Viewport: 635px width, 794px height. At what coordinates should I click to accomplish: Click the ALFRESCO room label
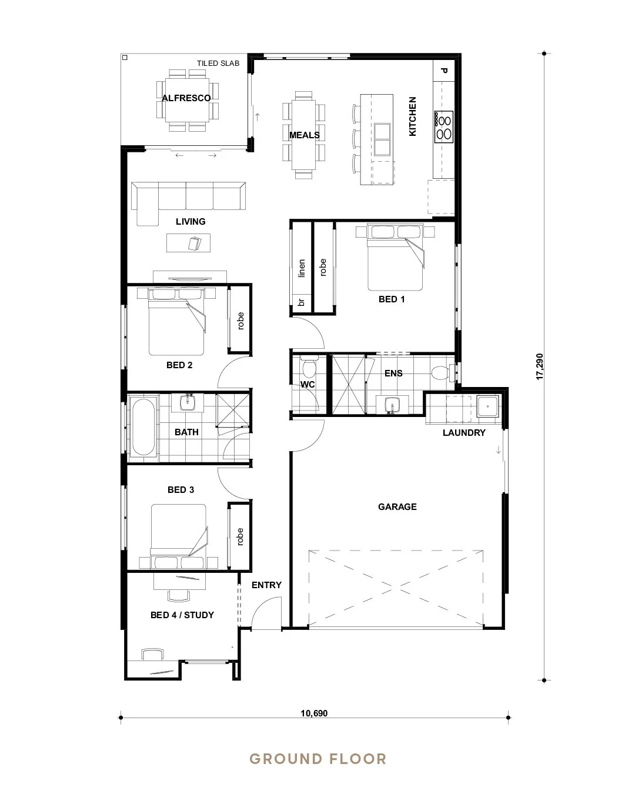[186, 98]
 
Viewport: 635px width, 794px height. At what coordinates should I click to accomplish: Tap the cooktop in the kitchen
[443, 126]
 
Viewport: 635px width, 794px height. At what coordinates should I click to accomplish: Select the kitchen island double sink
[383, 139]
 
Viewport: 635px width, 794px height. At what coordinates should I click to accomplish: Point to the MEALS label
[305, 135]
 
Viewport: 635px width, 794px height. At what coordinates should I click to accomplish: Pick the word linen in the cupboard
[302, 268]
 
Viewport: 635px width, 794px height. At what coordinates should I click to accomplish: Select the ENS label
[393, 373]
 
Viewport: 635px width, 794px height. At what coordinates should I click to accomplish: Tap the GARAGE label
[397, 506]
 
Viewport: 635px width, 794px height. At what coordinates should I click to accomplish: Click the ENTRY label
[266, 585]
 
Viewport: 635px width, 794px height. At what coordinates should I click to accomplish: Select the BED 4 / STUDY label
[182, 615]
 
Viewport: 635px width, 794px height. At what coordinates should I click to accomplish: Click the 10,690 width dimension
[314, 714]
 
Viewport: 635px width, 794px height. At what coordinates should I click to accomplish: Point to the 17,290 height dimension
[540, 366]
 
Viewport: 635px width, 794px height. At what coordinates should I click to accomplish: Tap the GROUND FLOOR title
[318, 759]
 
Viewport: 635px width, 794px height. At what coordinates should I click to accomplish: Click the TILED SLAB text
[218, 64]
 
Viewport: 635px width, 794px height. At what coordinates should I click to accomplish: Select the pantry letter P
[444, 71]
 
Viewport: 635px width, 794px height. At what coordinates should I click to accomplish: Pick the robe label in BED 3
[240, 537]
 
